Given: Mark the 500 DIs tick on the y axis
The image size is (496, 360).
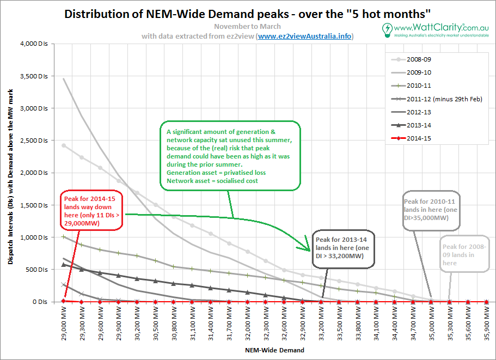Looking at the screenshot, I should [38, 270].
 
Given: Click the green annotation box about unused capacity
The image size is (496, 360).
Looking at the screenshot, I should [230, 156].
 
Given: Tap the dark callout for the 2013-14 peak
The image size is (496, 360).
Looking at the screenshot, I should [344, 248].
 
